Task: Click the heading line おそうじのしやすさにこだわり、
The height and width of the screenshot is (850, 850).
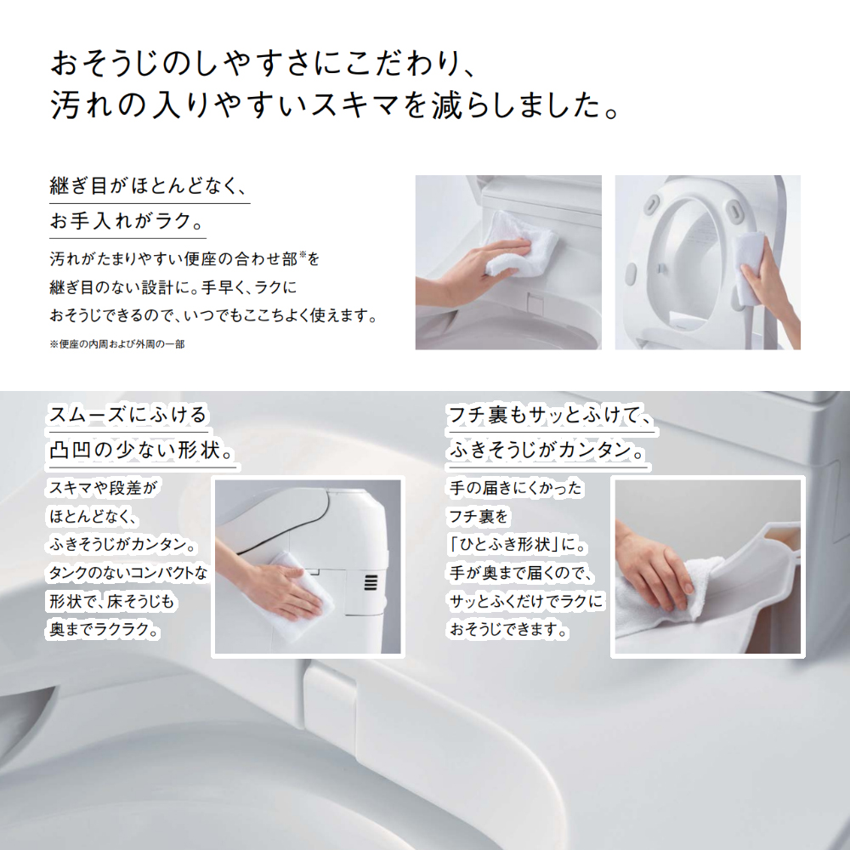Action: (x=263, y=64)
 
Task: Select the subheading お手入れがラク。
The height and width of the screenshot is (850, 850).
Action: (x=127, y=221)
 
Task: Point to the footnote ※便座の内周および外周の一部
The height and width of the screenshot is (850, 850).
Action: (x=117, y=344)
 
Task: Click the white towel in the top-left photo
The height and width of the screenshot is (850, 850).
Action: (x=519, y=243)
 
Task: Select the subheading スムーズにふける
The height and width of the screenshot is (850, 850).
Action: (x=128, y=416)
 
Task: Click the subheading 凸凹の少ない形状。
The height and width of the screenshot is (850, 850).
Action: (x=142, y=450)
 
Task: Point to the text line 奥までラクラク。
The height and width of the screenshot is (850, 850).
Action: (x=104, y=629)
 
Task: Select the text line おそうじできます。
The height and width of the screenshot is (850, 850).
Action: (x=508, y=629)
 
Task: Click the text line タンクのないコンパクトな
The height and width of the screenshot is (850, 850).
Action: (x=128, y=572)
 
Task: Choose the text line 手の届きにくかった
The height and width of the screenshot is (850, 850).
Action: (x=516, y=488)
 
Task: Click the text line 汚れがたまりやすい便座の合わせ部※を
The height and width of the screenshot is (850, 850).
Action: (x=184, y=259)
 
